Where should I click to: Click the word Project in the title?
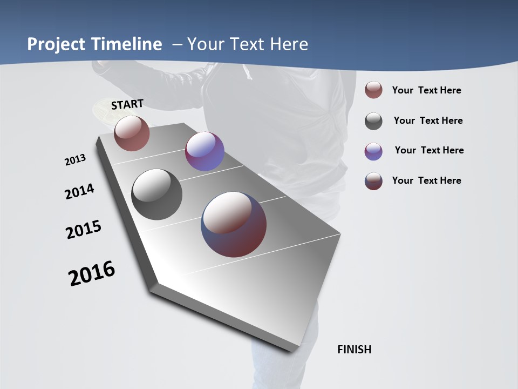[57, 44]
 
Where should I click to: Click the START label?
[127, 104]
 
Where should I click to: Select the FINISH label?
[354, 350]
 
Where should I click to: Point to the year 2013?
[75, 160]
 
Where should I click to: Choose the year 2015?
[84, 230]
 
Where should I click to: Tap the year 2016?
[92, 273]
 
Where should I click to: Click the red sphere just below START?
[132, 133]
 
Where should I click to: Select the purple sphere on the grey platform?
[205, 151]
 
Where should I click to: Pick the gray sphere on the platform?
[156, 194]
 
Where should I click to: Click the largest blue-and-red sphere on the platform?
[234, 224]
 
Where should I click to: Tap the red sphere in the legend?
[373, 90]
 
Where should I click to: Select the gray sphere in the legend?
[373, 121]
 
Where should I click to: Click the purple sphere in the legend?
[373, 151]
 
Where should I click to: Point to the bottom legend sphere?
[373, 181]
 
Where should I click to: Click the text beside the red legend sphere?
[426, 91]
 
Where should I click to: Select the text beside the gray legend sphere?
[428, 120]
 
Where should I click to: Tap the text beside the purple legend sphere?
[429, 150]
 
